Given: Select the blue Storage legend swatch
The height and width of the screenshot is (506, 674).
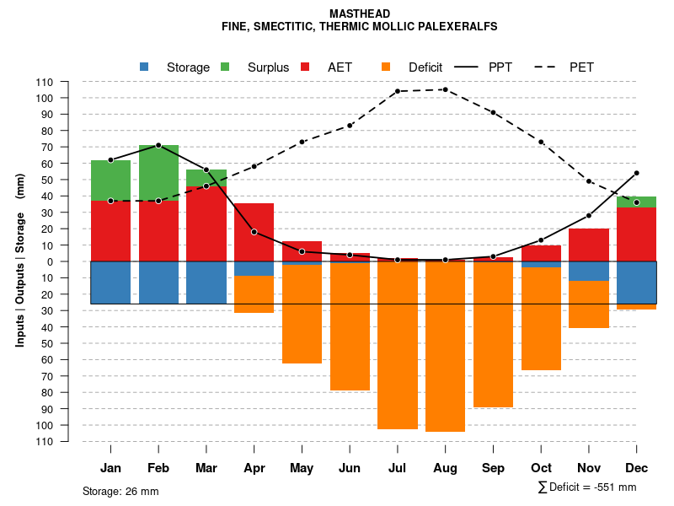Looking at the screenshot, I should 144,67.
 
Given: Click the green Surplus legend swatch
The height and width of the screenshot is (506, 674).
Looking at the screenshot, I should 225,67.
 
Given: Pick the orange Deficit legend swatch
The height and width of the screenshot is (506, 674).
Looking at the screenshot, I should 386,67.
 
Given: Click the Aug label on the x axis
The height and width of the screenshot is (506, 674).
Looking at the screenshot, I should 445,468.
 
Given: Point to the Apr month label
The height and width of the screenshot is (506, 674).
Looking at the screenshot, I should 254,468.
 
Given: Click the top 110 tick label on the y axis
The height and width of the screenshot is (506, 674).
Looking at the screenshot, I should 45,82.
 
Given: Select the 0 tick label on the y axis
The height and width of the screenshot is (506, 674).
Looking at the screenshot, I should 50,261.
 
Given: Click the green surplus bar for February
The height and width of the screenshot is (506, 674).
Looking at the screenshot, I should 158,172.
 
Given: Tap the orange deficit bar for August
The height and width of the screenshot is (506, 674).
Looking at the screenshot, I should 445,346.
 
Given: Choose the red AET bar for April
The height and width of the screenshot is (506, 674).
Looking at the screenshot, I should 254,232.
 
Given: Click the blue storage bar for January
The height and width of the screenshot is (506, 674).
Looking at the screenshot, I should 110,283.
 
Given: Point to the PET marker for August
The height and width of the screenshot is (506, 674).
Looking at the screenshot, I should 445,89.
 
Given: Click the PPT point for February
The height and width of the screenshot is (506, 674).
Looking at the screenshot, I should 158,145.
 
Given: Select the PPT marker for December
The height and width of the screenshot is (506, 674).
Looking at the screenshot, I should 636,173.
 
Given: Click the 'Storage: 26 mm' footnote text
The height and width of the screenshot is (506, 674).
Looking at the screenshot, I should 120,491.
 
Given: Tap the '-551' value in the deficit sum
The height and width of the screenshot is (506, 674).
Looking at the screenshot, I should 604,487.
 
